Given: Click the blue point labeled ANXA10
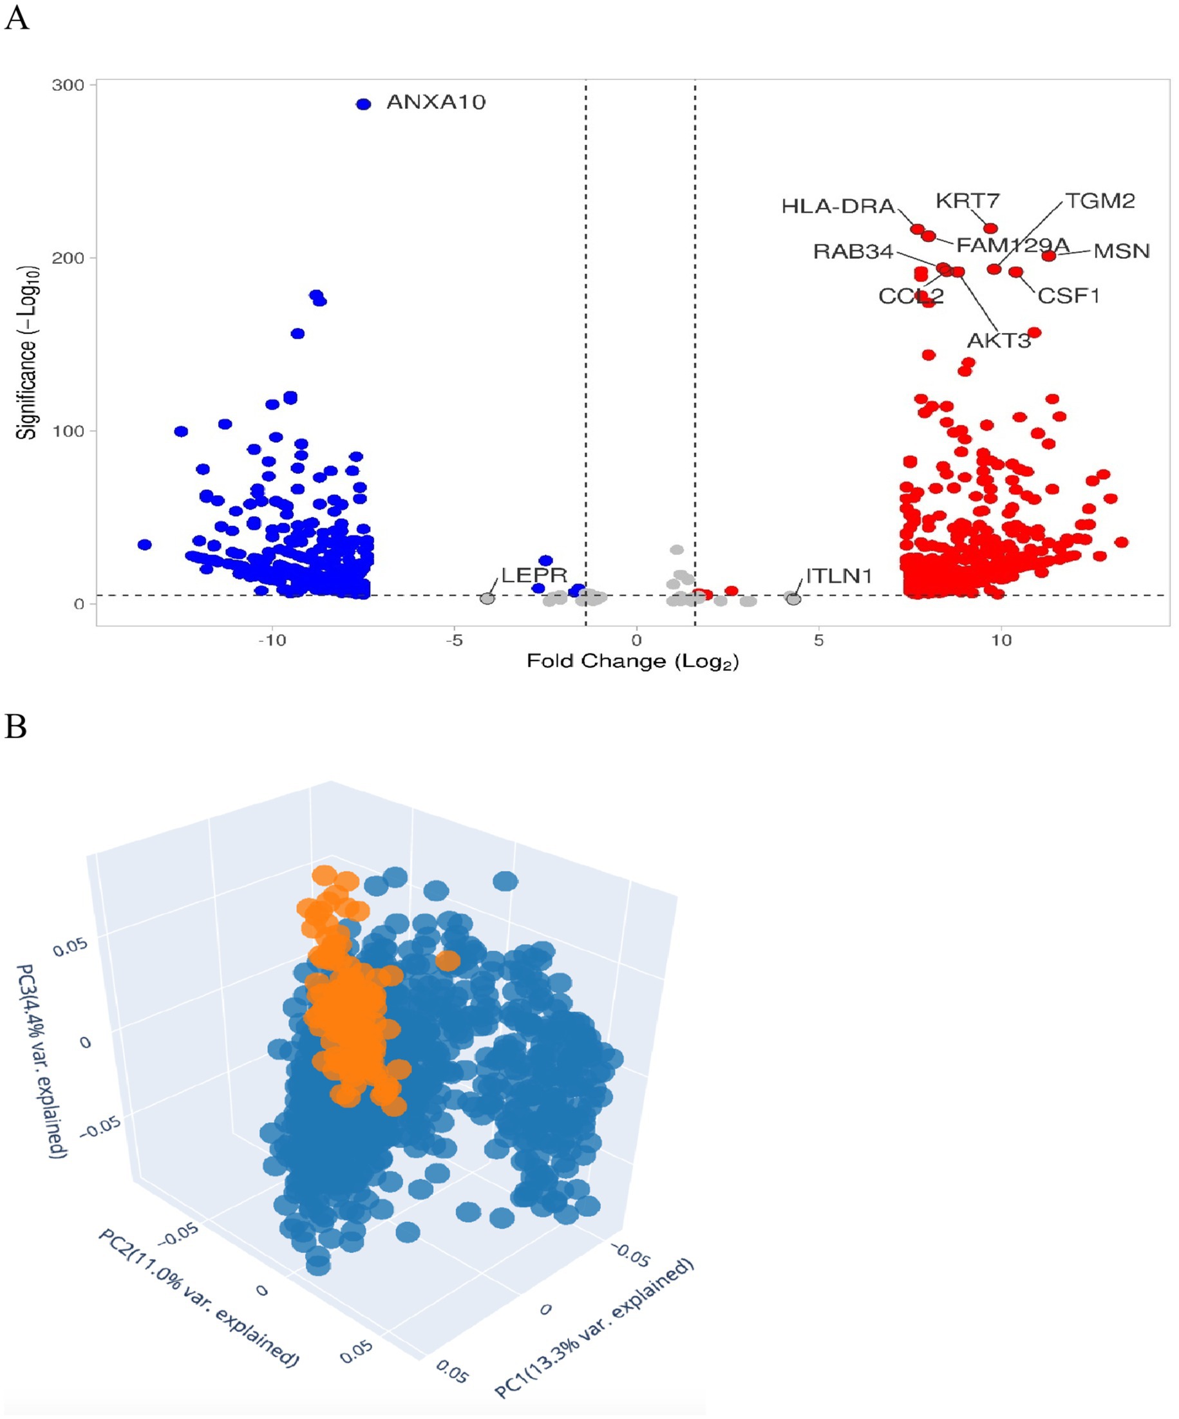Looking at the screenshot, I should click(364, 104).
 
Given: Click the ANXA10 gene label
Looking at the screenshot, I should click(436, 102).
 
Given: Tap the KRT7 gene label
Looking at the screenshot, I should click(967, 201).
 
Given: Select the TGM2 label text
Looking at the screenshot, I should click(1100, 201).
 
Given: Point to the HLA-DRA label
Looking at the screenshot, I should click(838, 206).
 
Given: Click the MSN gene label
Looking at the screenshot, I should click(1121, 251).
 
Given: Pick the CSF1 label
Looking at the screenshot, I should click(1068, 296).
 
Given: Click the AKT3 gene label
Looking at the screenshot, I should click(999, 341).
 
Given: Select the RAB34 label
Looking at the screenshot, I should click(853, 252).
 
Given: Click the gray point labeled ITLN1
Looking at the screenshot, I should click(794, 599).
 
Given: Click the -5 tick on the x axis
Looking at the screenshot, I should click(454, 640).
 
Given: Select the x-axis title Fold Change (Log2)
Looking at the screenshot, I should click(632, 661).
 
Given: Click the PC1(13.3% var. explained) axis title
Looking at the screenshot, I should click(594, 1328).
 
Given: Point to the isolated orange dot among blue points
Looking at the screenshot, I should click(448, 960).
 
